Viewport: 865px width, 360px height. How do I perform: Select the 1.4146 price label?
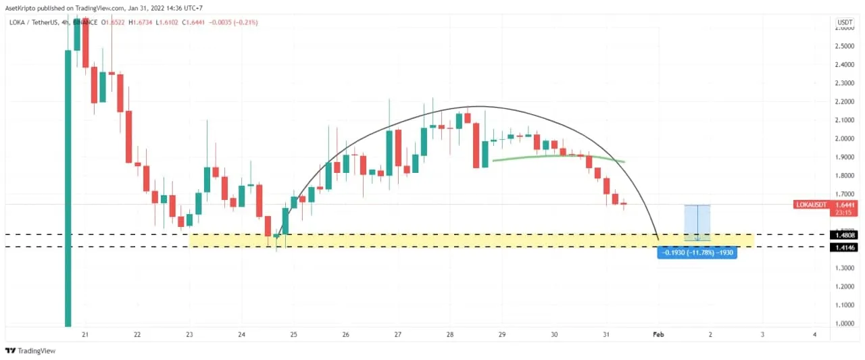[x=845, y=248]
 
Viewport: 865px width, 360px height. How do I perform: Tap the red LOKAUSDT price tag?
[x=825, y=205]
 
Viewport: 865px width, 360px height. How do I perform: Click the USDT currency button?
[x=845, y=22]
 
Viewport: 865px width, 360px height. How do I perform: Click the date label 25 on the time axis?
[x=293, y=334]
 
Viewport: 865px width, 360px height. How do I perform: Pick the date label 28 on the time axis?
[x=449, y=334]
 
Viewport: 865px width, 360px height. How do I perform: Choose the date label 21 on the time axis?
[x=85, y=334]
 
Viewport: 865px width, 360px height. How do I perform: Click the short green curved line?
[x=558, y=157]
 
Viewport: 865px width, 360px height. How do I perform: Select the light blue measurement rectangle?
[x=697, y=222]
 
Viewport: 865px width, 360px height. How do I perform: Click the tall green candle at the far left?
[x=68, y=182]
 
